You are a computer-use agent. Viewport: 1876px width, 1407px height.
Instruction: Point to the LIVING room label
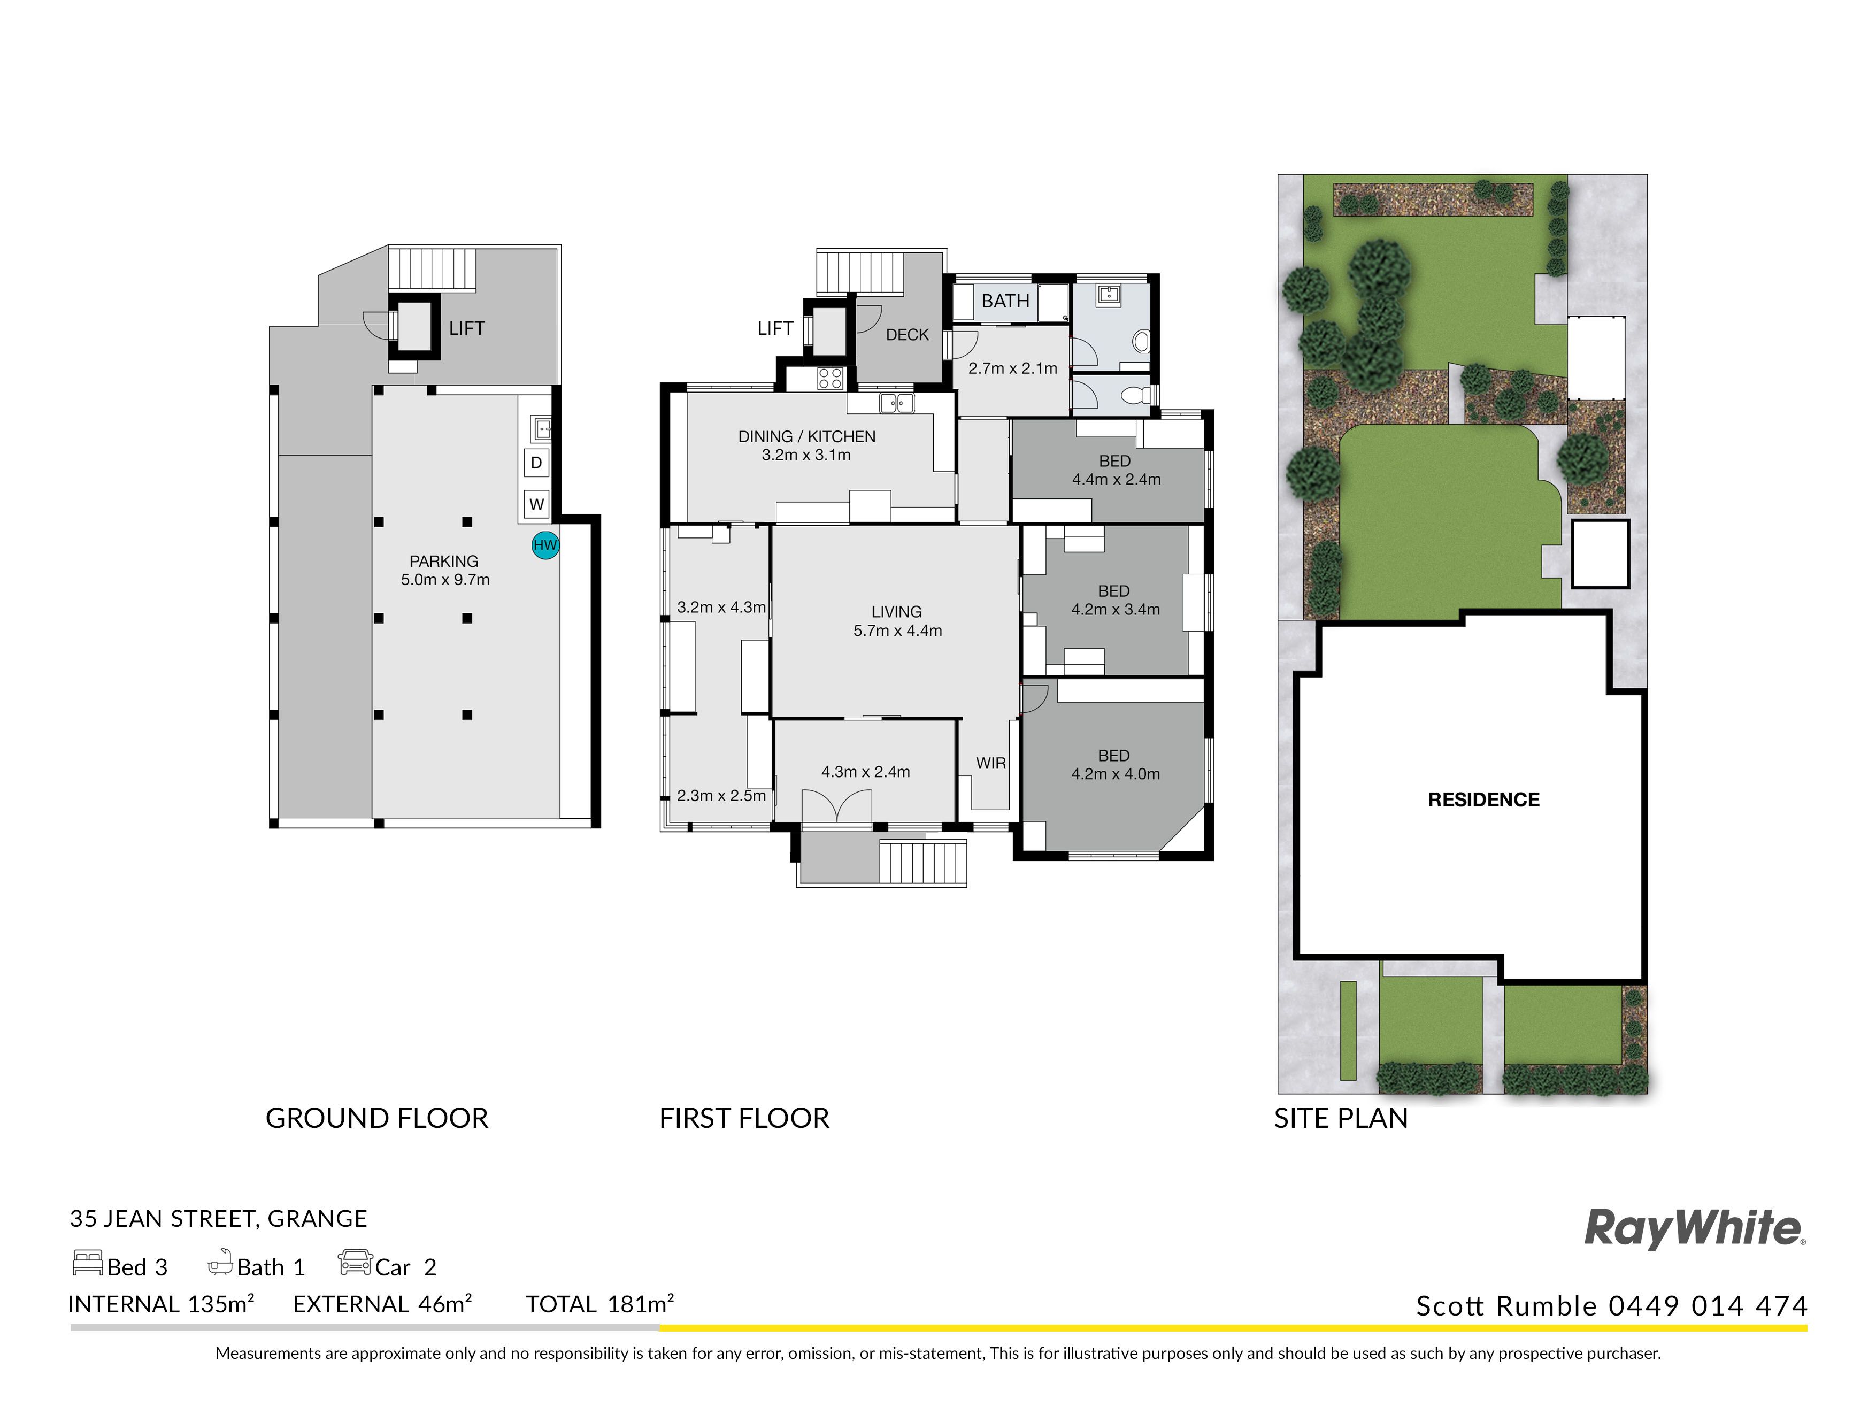[x=896, y=611]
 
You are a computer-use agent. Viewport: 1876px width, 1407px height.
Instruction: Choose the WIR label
[x=990, y=763]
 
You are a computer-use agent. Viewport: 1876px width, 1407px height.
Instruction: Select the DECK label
[x=908, y=335]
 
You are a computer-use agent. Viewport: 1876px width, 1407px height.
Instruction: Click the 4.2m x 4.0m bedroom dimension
[x=1115, y=773]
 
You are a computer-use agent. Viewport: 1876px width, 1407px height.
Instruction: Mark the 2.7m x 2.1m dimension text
[x=1013, y=368]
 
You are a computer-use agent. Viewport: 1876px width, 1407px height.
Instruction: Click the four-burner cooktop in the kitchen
[x=831, y=378]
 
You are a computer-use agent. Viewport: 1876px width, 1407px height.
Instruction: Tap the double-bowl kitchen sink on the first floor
[x=896, y=403]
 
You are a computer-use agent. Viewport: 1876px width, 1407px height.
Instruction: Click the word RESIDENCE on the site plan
[x=1483, y=799]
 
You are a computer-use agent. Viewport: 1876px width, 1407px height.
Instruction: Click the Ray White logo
[x=1695, y=1229]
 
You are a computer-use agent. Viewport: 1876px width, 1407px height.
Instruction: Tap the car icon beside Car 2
[x=355, y=1262]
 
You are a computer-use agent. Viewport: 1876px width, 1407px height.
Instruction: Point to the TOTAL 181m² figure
[x=599, y=1304]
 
